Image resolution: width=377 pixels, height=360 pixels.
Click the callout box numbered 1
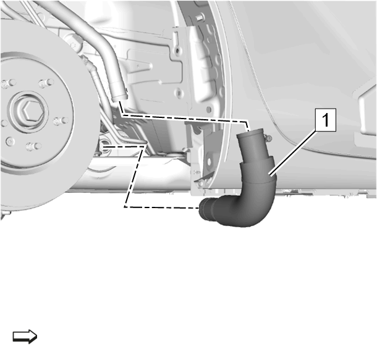pyautogui.click(x=325, y=120)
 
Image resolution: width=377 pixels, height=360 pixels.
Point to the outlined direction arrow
pyautogui.click(x=25, y=336)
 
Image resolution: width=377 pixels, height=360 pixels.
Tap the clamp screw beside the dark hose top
pyautogui.click(x=268, y=138)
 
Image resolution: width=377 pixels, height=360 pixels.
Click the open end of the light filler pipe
pyautogui.click(x=119, y=97)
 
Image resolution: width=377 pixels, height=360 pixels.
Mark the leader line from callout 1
pyautogui.click(x=293, y=153)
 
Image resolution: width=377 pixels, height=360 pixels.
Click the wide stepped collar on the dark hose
pyautogui.click(x=256, y=171)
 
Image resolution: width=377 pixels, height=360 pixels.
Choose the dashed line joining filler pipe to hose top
pyautogui.click(x=183, y=117)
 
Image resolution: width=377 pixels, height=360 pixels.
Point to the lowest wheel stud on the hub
pyautogui.click(x=33, y=146)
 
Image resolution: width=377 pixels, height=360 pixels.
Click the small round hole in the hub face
pyautogui.click(x=10, y=141)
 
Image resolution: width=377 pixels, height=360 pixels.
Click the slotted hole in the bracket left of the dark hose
pyautogui.click(x=209, y=163)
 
